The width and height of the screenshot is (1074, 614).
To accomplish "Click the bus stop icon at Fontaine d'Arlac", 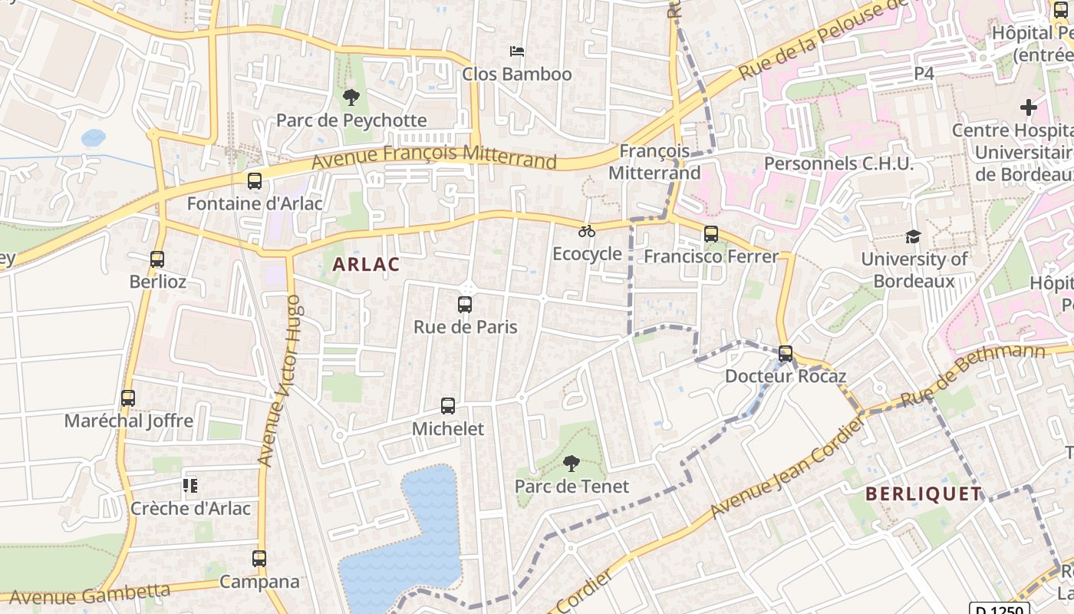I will [x=255, y=181].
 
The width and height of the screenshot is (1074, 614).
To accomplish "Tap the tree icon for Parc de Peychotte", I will [x=351, y=97].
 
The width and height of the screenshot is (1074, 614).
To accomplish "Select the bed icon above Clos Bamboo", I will [x=517, y=51].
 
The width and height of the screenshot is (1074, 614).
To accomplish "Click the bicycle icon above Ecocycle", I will [x=587, y=231].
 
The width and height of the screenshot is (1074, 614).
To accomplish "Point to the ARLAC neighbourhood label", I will [x=366, y=265].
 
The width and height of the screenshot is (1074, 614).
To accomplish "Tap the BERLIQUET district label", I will [x=924, y=494].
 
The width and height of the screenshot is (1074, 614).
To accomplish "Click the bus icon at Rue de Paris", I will [x=465, y=305].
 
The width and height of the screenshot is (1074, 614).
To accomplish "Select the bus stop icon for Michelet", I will [x=448, y=406].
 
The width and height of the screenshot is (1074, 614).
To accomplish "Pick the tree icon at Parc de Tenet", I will [x=571, y=464].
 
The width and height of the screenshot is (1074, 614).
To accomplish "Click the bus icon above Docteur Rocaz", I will [x=786, y=354].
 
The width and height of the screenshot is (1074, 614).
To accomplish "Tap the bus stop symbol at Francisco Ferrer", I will [x=711, y=234].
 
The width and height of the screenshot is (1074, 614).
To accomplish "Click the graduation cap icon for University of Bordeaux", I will [x=913, y=236].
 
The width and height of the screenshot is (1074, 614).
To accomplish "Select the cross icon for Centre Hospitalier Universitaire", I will [x=1029, y=107].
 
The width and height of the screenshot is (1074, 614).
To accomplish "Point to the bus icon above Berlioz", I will [x=157, y=259].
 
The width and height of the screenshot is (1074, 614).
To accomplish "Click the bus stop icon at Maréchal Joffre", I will [x=128, y=398].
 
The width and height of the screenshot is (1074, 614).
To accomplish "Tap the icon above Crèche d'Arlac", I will [x=190, y=485].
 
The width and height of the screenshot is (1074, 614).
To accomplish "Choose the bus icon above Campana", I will [x=259, y=559].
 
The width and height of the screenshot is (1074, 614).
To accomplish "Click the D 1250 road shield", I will [x=1000, y=609].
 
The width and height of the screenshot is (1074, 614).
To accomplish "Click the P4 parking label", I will [x=924, y=74].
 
